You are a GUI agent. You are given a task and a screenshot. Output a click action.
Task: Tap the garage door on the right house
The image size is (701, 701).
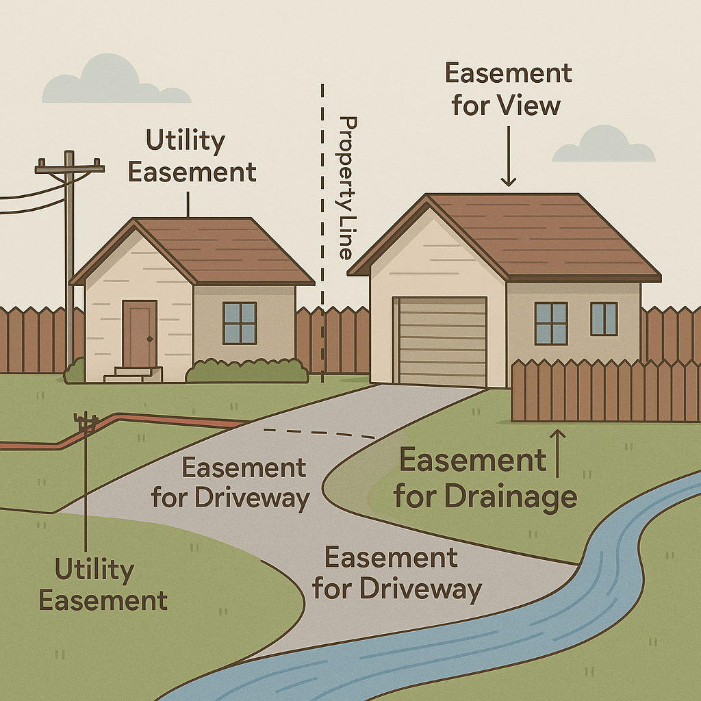pos(442,341)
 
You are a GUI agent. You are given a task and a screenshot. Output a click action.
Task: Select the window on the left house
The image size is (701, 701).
pos(240,322)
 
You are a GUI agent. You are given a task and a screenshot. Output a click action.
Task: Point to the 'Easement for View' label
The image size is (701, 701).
pos(508,90)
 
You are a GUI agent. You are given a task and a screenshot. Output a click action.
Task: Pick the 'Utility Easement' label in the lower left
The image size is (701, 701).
pos(103,585)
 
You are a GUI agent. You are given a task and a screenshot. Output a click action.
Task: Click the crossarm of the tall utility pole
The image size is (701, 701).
pos(69,166)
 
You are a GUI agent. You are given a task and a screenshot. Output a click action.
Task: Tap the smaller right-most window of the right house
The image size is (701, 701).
pos(604,319)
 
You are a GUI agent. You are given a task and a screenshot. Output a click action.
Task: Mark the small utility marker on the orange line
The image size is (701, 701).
pos(86,423)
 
